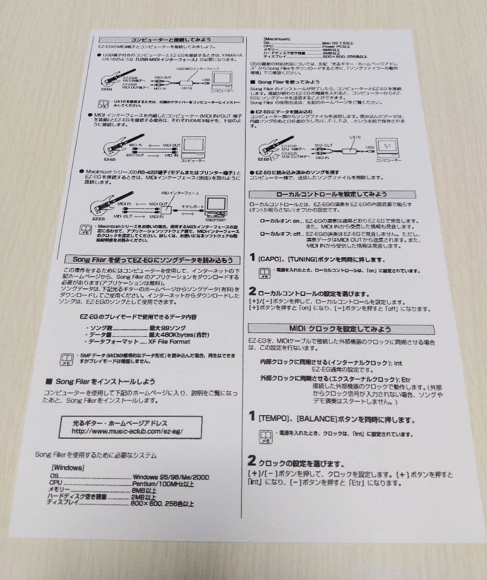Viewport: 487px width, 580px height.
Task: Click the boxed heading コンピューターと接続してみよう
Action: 171,39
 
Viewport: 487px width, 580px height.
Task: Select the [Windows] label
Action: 68,468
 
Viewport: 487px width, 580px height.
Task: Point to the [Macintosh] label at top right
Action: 277,39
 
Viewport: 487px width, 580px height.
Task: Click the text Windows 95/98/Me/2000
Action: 171,476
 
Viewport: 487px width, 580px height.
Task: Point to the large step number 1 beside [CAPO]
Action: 253,258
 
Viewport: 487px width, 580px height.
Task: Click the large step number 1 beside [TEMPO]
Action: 252,416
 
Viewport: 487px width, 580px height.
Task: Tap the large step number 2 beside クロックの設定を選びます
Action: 252,461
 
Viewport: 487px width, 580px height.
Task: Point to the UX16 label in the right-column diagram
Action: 355,137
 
